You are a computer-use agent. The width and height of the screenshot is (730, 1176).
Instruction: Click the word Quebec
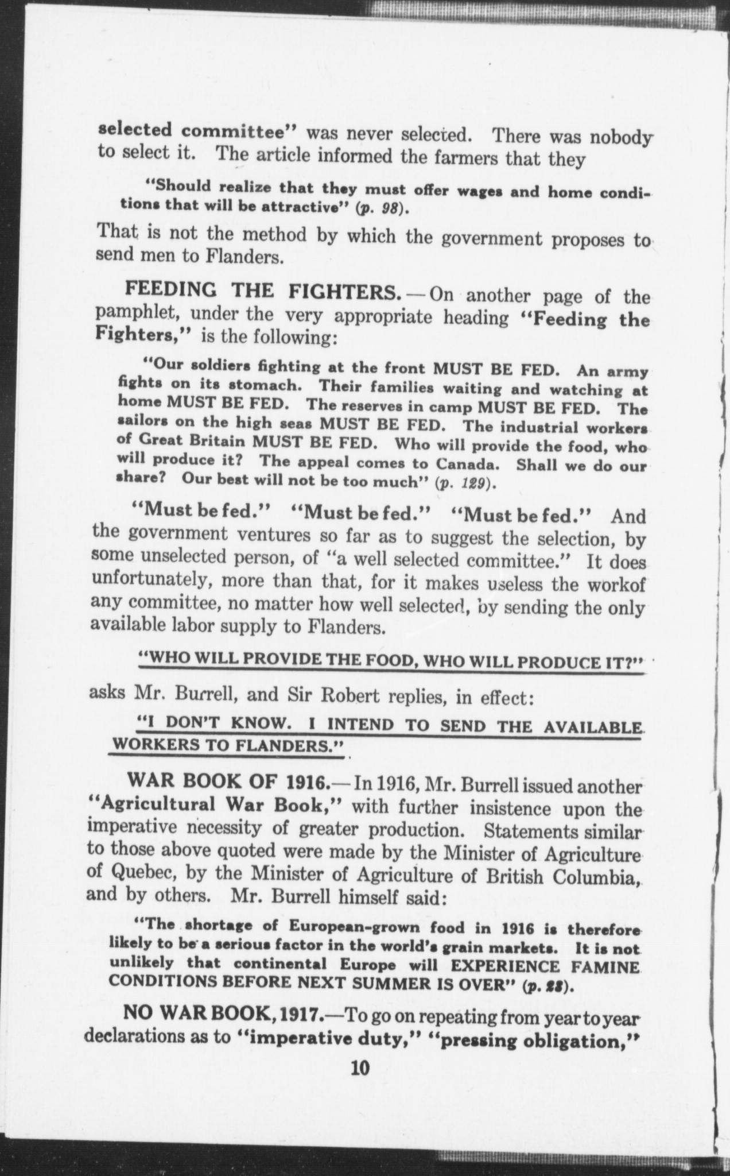pyautogui.click(x=144, y=873)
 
